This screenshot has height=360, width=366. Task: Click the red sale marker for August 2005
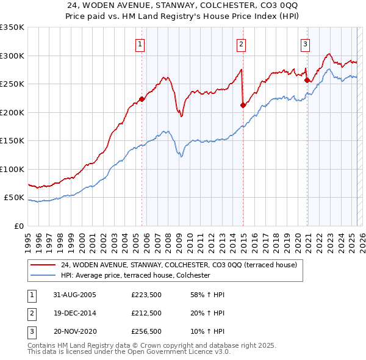pyautogui.click(x=142, y=99)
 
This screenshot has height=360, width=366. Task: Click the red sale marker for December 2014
pyautogui.click(x=243, y=105)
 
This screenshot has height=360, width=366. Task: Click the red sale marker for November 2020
pyautogui.click(x=307, y=80)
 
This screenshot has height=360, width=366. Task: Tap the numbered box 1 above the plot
pyautogui.click(x=140, y=44)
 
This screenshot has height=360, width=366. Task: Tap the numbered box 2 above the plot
pyautogui.click(x=242, y=44)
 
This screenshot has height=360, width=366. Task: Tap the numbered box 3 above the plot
pyautogui.click(x=305, y=44)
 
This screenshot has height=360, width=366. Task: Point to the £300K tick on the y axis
pyautogui.click(x=12, y=56)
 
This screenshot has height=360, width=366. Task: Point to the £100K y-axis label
pyautogui.click(x=12, y=169)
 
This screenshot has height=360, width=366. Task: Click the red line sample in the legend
pyautogui.click(x=43, y=265)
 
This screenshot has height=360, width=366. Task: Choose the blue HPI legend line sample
pyautogui.click(x=43, y=276)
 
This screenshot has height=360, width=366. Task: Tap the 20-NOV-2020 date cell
pyautogui.click(x=75, y=333)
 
